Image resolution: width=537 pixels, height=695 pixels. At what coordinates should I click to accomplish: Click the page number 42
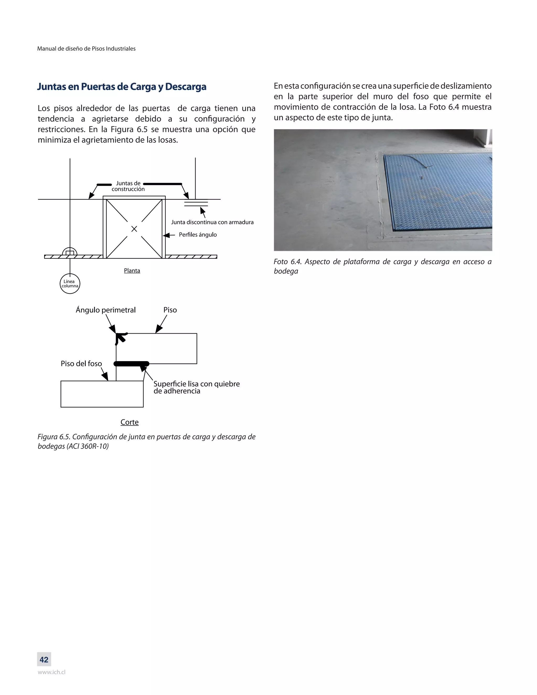pyautogui.click(x=44, y=660)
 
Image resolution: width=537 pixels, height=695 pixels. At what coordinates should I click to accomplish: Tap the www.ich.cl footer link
pyautogui.click(x=52, y=672)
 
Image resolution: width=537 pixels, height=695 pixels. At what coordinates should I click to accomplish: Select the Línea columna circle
pyautogui.click(x=70, y=284)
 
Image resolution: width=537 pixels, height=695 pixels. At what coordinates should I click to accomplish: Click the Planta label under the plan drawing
pyautogui.click(x=132, y=270)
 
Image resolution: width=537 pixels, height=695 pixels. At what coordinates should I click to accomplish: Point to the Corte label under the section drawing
pyautogui.click(x=130, y=422)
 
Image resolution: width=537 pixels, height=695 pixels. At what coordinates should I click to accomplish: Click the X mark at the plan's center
pyautogui.click(x=134, y=229)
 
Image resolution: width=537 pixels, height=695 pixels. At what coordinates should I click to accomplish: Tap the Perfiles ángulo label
pyautogui.click(x=197, y=235)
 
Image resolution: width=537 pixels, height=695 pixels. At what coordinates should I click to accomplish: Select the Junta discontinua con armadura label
pyautogui.click(x=212, y=222)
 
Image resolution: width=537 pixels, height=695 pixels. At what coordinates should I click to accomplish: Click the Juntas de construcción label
pyautogui.click(x=128, y=186)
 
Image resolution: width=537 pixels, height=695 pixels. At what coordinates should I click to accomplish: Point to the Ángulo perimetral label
pyautogui.click(x=106, y=310)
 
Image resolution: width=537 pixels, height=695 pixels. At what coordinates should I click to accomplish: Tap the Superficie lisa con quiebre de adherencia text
pyautogui.click(x=196, y=387)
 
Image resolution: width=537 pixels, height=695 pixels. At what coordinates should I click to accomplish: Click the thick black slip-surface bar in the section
pyautogui.click(x=131, y=364)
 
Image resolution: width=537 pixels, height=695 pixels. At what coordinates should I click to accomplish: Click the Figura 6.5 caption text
pyautogui.click(x=146, y=441)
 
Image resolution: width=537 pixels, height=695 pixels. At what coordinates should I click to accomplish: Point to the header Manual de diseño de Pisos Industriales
pyautogui.click(x=86, y=49)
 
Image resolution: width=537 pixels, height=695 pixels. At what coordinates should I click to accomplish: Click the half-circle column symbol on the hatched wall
pyautogui.click(x=70, y=252)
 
